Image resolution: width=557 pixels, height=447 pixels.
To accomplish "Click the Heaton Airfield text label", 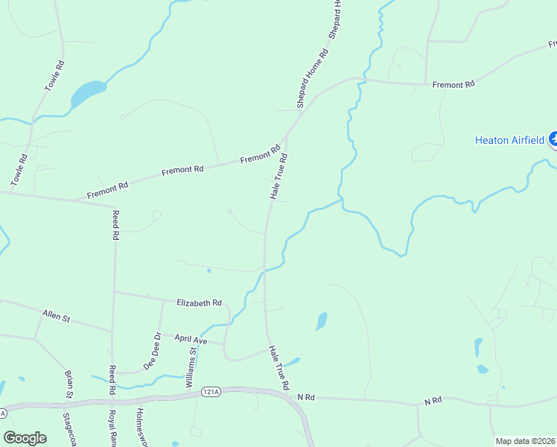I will (510, 140).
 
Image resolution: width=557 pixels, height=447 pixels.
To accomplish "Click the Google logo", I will (25, 437).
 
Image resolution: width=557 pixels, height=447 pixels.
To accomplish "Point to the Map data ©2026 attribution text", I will (525, 441).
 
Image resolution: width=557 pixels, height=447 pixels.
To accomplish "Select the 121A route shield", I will (211, 391).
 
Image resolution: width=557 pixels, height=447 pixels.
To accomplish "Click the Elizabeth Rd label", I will (199, 303).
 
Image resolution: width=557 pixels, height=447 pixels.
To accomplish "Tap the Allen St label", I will (56, 317).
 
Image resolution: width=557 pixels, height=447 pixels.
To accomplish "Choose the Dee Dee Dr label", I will (152, 351).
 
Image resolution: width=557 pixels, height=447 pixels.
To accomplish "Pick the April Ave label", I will (189, 339).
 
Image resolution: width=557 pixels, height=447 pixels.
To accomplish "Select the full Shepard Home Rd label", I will (313, 78).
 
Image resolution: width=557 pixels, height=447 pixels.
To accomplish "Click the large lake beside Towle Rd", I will (88, 93).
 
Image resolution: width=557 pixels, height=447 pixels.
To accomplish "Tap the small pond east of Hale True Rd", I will (321, 321).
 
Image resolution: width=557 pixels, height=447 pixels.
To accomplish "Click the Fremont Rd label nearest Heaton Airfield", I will (453, 85).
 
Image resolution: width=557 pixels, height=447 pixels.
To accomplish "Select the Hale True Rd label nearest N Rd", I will (278, 367).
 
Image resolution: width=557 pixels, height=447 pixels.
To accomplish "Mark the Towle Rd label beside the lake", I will (55, 74).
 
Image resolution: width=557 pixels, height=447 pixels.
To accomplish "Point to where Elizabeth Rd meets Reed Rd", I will (114, 291).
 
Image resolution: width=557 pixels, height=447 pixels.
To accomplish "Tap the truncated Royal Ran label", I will (112, 427).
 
